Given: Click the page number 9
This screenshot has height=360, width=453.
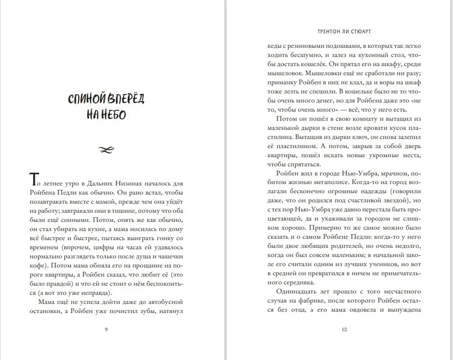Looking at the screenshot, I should (106, 329).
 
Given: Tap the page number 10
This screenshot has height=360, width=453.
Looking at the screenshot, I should (344, 329).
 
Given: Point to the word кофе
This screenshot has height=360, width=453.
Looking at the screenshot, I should (38, 266).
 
